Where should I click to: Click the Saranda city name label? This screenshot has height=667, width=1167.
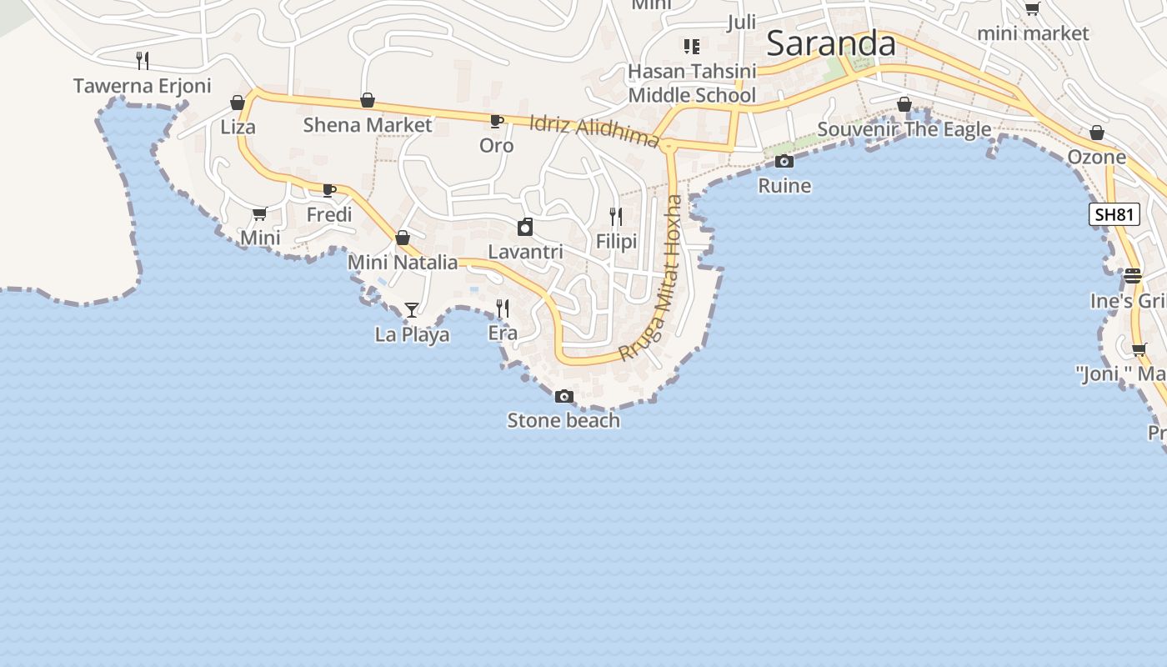coord(830,43)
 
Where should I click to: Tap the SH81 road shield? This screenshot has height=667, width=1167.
coord(1114,214)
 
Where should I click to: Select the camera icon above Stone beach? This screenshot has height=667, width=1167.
coord(564,396)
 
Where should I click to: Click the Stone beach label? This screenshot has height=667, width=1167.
coord(563,420)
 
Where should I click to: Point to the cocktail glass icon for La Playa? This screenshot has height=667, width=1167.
coord(412,310)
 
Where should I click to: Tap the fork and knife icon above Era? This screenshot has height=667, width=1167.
coord(503,308)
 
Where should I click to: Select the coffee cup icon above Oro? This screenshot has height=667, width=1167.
coord(497,122)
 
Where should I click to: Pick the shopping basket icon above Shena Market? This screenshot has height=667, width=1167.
coord(368,101)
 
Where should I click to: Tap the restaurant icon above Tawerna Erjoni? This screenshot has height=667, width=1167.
coord(143,60)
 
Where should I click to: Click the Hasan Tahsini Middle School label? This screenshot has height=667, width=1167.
coord(692,83)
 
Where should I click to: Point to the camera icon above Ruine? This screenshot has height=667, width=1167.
coord(784,161)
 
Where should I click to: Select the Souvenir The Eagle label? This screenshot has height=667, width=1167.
coord(904,129)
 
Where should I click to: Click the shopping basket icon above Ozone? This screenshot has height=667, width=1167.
coord(1097,133)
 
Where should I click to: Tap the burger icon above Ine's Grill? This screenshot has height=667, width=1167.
coord(1132,275)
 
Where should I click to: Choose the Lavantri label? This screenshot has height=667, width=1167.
coord(525,252)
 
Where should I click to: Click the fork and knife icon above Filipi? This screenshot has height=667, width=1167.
coord(616,217)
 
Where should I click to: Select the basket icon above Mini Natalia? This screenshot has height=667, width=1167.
coord(403,238)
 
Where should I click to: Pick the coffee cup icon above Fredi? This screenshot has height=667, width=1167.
coord(329,190)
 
